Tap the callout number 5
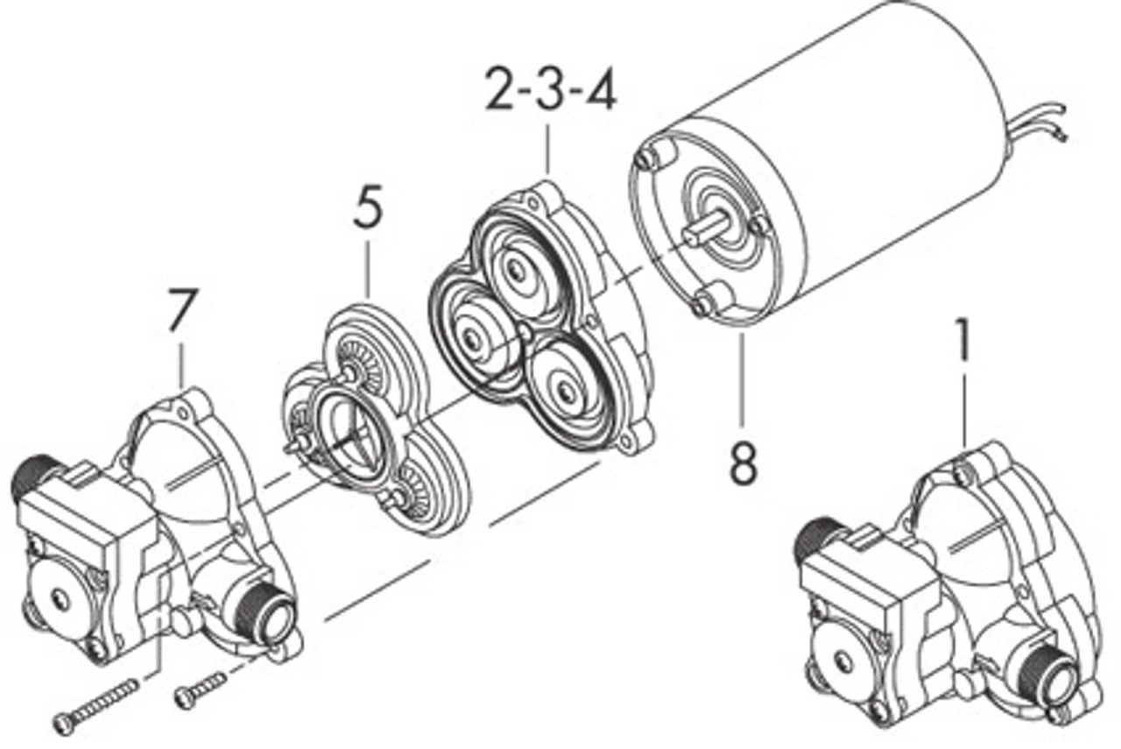368,208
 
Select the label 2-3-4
551,92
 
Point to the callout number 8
743,463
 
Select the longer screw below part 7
96,706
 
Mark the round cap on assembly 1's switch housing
844,657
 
